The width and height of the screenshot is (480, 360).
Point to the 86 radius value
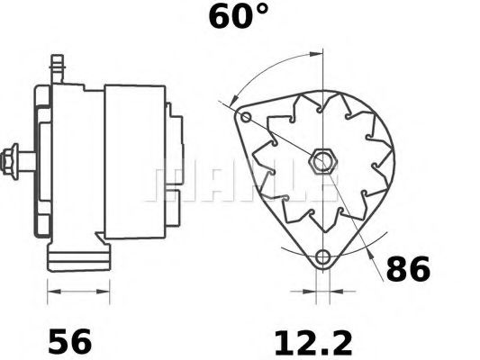point(408,269)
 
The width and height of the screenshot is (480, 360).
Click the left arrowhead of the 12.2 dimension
point(310,292)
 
